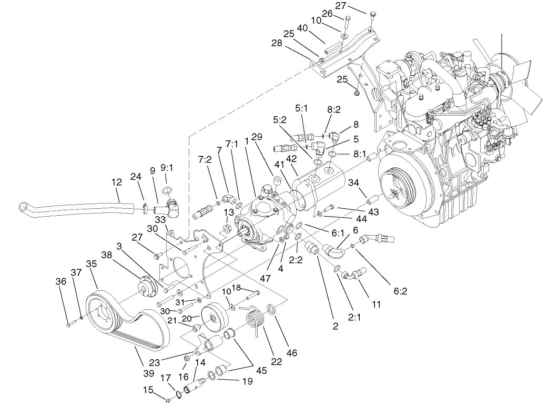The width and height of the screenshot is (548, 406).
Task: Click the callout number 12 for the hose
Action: [x=117, y=182]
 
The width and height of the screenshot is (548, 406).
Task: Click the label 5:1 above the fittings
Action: [x=302, y=108]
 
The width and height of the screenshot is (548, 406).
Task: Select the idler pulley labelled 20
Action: [x=216, y=316]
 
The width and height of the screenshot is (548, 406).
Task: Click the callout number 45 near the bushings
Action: [x=261, y=370]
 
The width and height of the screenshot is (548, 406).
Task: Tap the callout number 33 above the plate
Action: [x=160, y=220]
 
